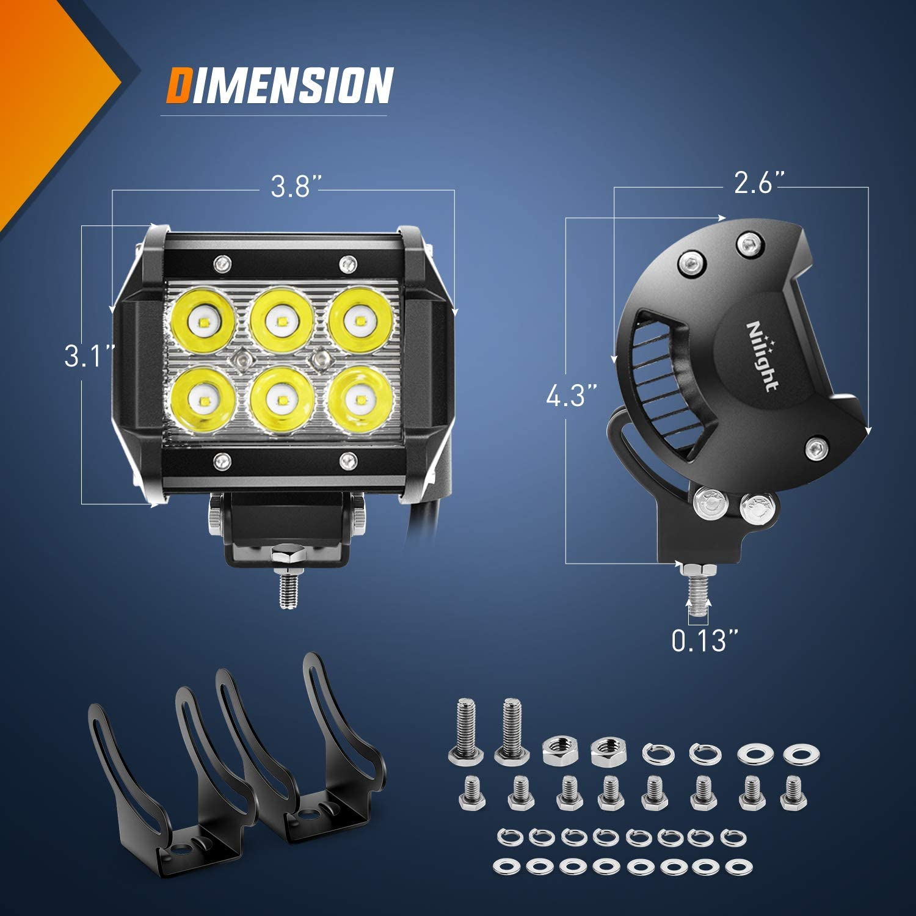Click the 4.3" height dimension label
(570, 396)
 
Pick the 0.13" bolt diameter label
(705, 641)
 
